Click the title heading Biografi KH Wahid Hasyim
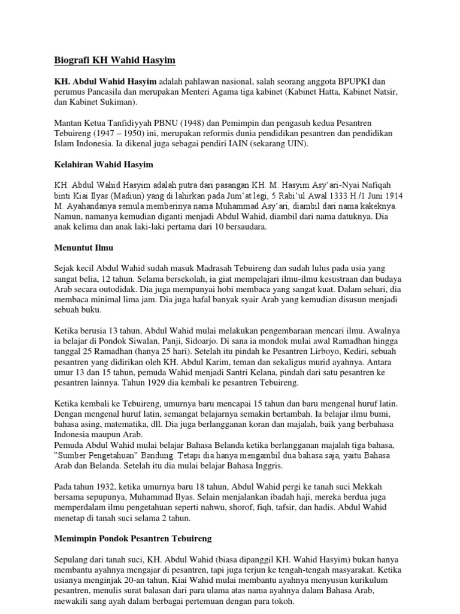[111, 60]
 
